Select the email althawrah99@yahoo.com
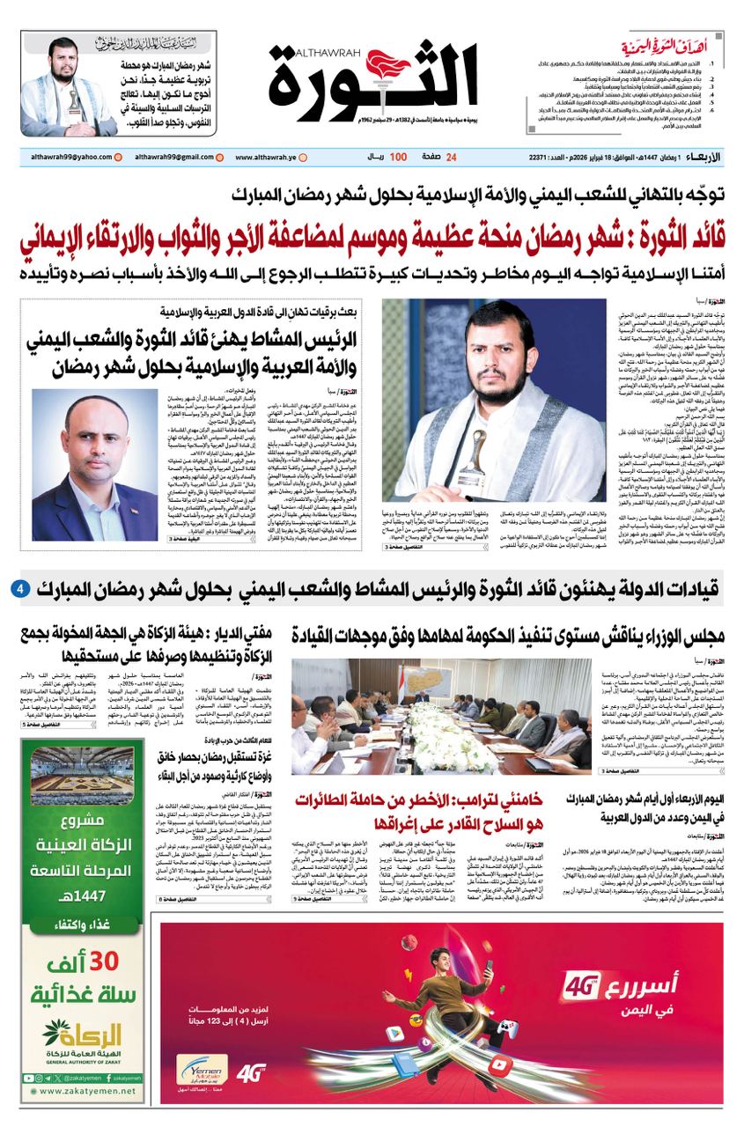[65, 157]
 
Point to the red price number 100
[398, 157]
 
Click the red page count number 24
[452, 157]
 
